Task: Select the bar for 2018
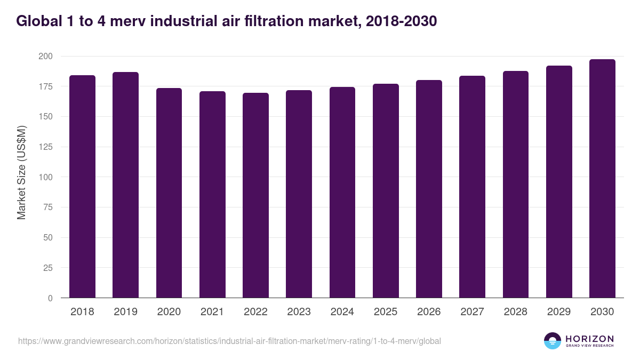[x=82, y=187]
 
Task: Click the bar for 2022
[x=255, y=195]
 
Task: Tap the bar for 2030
[x=602, y=179]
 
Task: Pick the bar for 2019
[x=125, y=185]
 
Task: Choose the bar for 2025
[x=386, y=191]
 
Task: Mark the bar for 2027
[x=472, y=187]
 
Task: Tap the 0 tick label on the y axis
[x=50, y=298]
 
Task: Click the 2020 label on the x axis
[x=169, y=312]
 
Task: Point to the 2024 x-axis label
[x=342, y=312]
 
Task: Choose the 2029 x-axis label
[x=559, y=312]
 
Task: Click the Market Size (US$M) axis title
[x=21, y=172]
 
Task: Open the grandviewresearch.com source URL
[x=229, y=341]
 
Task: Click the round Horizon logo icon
[x=553, y=341]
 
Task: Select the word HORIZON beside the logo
[x=589, y=338]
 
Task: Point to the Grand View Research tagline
[x=589, y=346]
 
